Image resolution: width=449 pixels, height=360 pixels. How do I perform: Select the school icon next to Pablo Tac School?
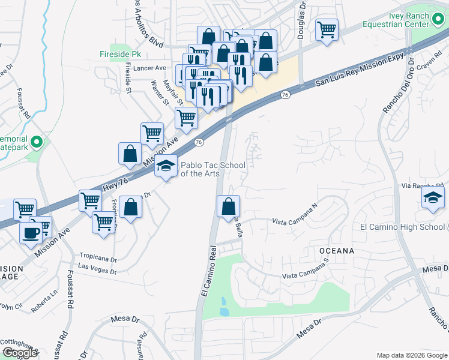166,167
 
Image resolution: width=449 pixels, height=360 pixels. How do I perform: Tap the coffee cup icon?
31,232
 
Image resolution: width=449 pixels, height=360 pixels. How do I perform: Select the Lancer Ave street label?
149,68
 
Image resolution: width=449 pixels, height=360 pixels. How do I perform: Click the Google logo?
20,353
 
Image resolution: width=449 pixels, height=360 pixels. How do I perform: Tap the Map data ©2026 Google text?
411,355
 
